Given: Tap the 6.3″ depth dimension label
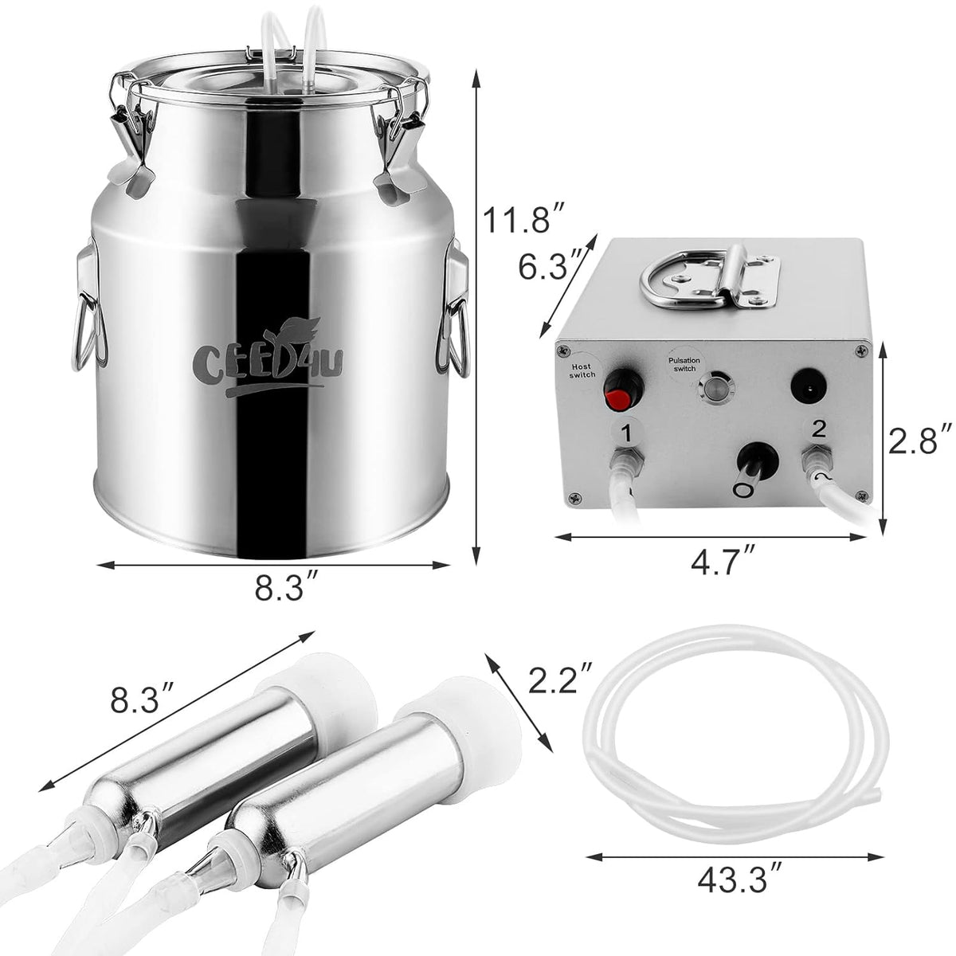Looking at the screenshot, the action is [549, 267].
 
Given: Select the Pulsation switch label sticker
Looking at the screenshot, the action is [684, 364].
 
